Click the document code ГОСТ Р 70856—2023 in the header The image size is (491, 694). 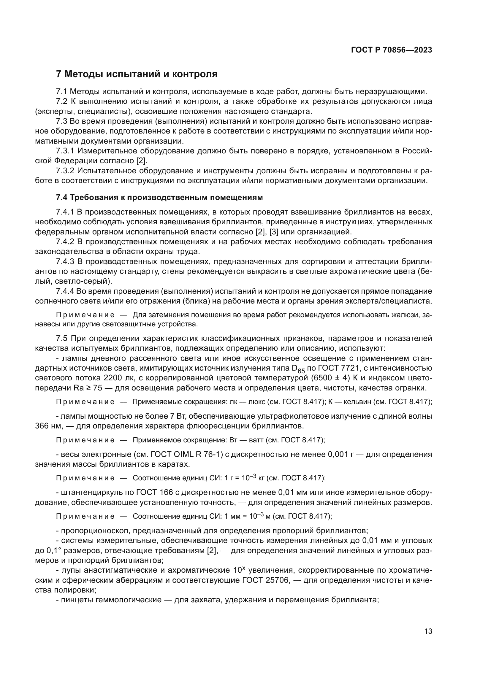click(392, 50)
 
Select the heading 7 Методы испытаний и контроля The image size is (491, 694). click(137, 74)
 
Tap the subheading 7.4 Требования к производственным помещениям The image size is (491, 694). click(159, 198)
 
